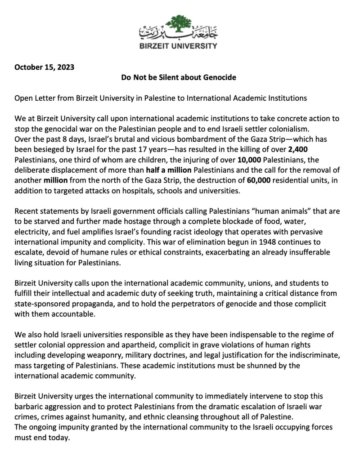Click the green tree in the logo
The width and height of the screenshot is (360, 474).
179,26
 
